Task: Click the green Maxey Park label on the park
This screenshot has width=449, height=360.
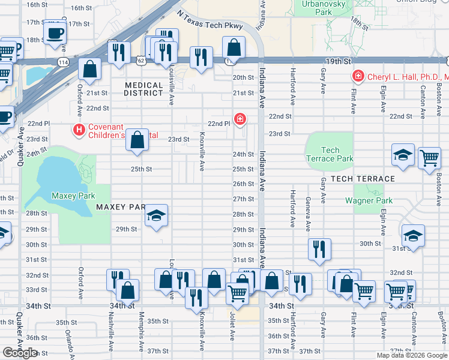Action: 73,196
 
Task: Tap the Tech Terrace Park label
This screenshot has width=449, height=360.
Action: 330,154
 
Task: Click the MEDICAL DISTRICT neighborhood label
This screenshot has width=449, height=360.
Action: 144,89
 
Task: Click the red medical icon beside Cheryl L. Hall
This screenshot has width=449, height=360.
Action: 358,77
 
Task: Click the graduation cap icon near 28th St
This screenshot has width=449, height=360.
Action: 156,215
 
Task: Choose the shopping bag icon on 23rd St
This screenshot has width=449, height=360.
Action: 137,140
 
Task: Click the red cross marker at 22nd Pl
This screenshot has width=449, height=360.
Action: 240,119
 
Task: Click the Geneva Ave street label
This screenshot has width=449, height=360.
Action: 308,214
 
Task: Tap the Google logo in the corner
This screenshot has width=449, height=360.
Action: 20,353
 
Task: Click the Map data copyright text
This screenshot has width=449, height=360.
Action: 412,355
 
